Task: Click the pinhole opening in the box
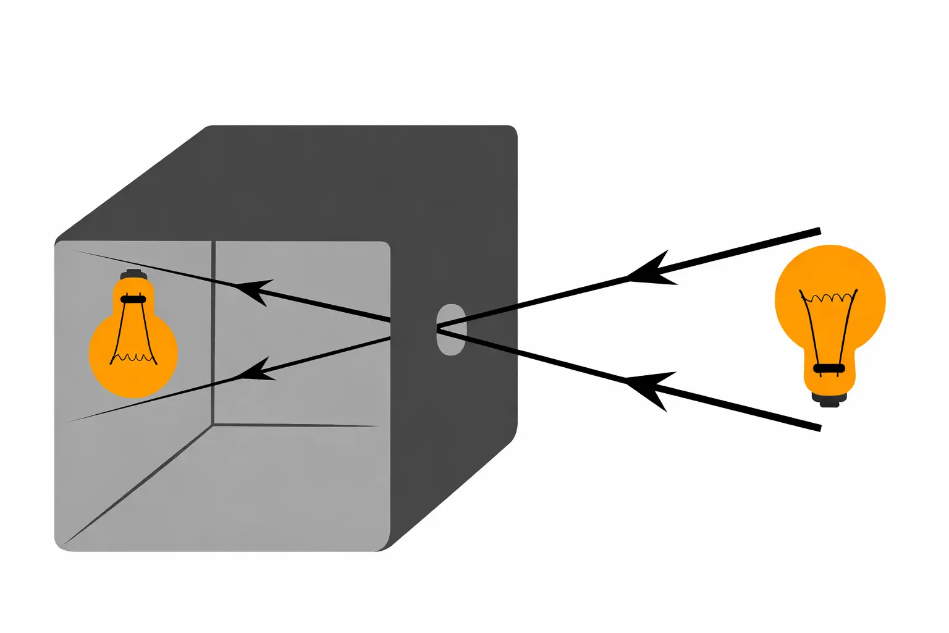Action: point(451,329)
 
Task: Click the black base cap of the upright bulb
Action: point(829,399)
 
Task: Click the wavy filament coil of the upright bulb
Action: point(829,298)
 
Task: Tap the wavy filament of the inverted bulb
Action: point(133,357)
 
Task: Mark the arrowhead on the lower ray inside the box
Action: point(253,372)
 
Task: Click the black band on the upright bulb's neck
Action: point(829,368)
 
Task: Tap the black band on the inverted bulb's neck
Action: point(133,299)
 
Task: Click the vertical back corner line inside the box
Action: point(213,334)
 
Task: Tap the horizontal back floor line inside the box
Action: point(297,425)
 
